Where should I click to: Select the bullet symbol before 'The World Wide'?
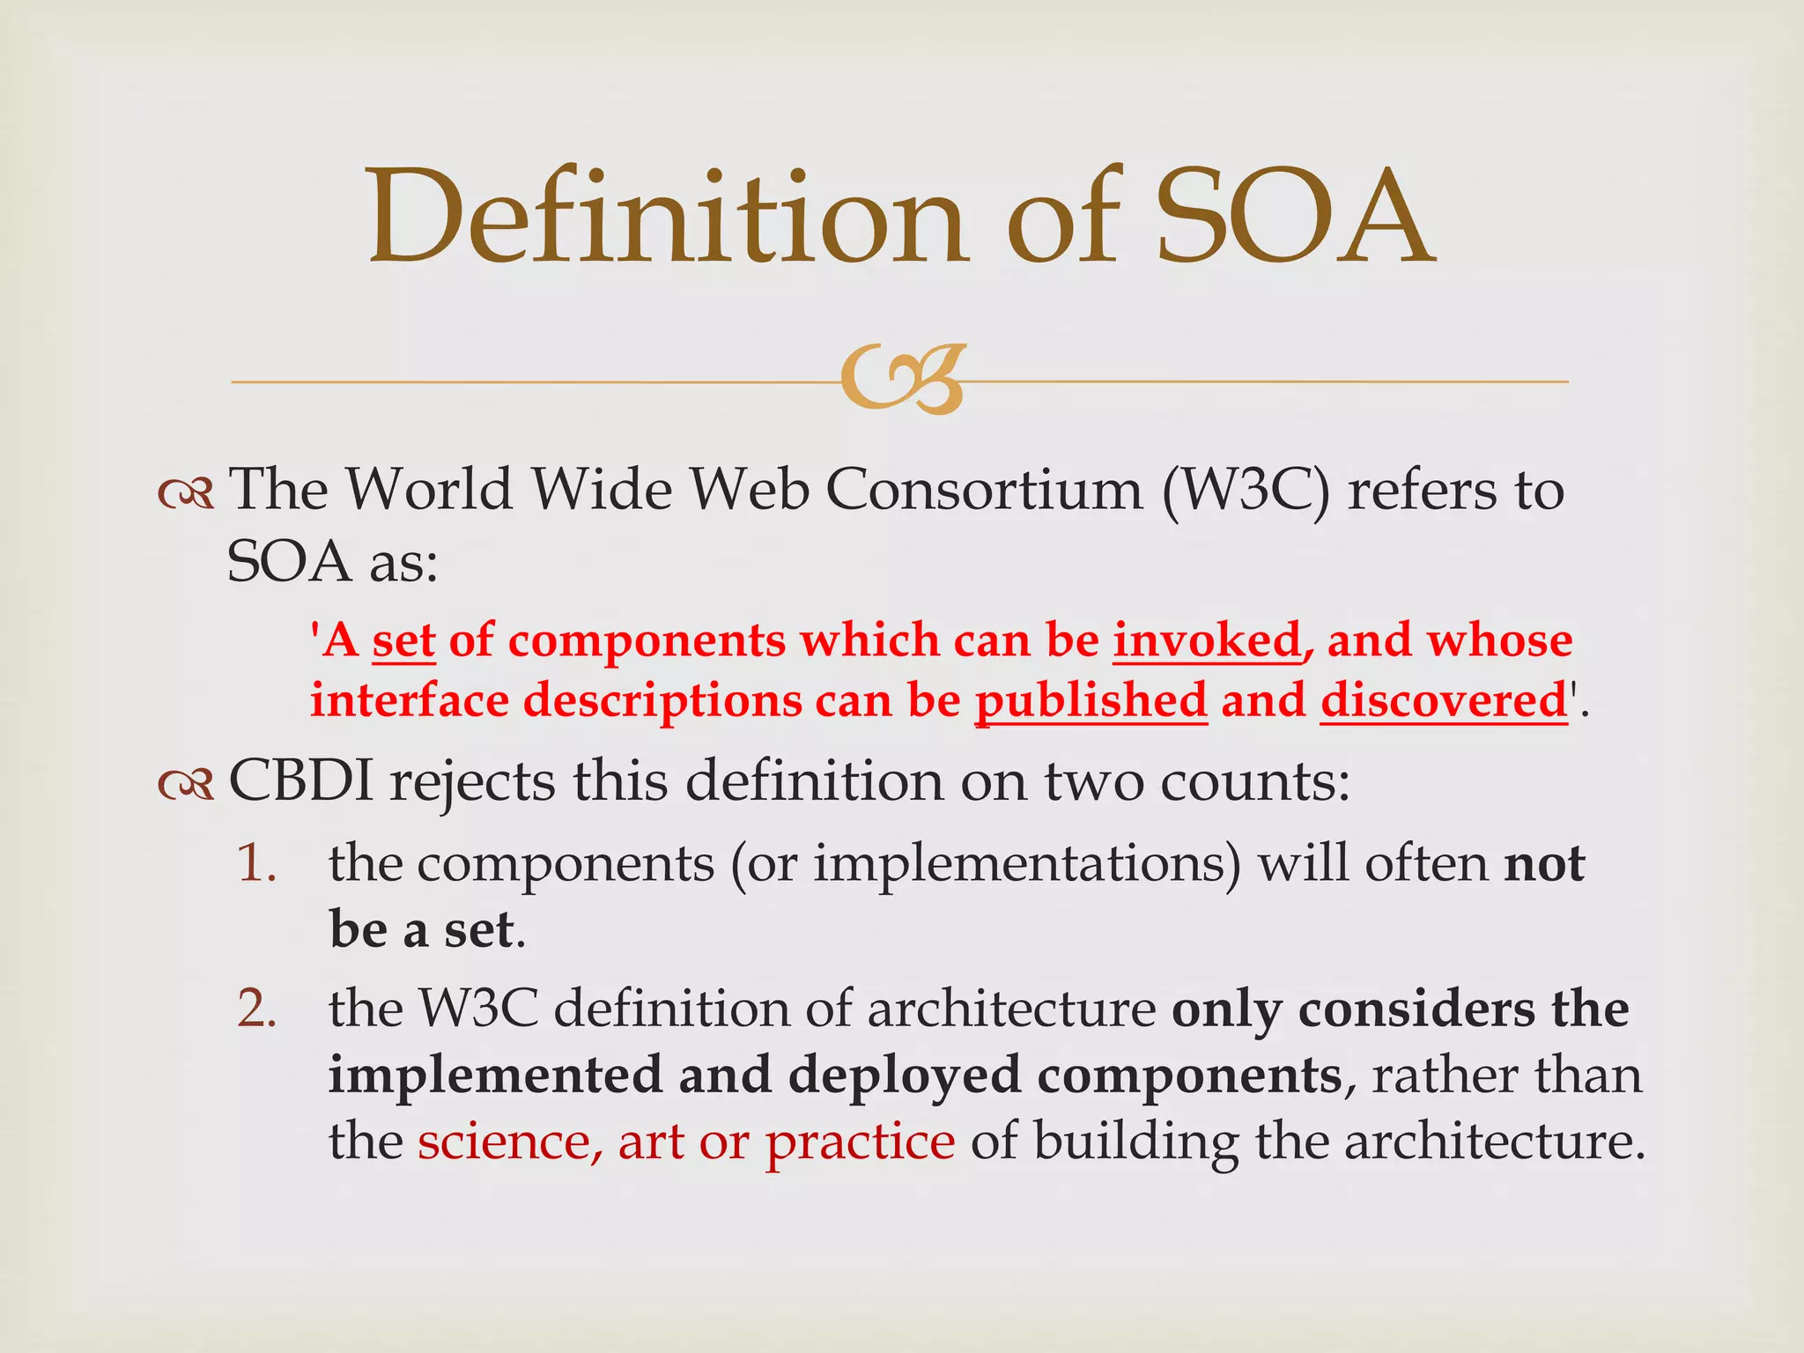pos(186,495)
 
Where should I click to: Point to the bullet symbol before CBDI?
pos(186,784)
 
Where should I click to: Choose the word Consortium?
pos(983,490)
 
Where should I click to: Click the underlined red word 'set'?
pos(403,640)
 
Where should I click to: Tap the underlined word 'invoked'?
pos(1207,640)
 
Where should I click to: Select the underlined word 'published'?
pos(1091,702)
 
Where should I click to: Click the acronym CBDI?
pos(301,780)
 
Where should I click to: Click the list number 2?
pos(256,1009)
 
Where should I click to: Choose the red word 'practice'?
pos(860,1143)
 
